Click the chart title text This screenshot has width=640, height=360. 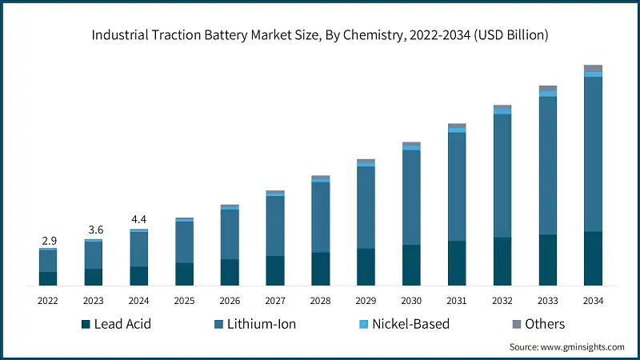(320, 35)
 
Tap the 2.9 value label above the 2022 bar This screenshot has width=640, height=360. (48, 241)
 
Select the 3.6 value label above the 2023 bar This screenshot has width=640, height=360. (94, 230)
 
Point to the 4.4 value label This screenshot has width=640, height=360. (139, 219)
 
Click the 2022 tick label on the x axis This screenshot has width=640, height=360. (48, 301)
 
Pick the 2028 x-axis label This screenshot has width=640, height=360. (321, 301)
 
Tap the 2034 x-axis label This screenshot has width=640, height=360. (593, 301)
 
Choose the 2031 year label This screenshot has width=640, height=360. (457, 301)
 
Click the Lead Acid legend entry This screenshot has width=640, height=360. (115, 324)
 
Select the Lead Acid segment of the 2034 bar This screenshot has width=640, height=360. (593, 258)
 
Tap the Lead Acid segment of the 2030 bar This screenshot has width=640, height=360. (411, 265)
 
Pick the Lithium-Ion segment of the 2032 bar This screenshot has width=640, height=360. (502, 176)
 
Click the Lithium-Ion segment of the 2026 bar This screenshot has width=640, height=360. (230, 234)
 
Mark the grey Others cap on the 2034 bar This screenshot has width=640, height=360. (593, 68)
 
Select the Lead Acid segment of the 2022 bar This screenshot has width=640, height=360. (48, 278)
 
